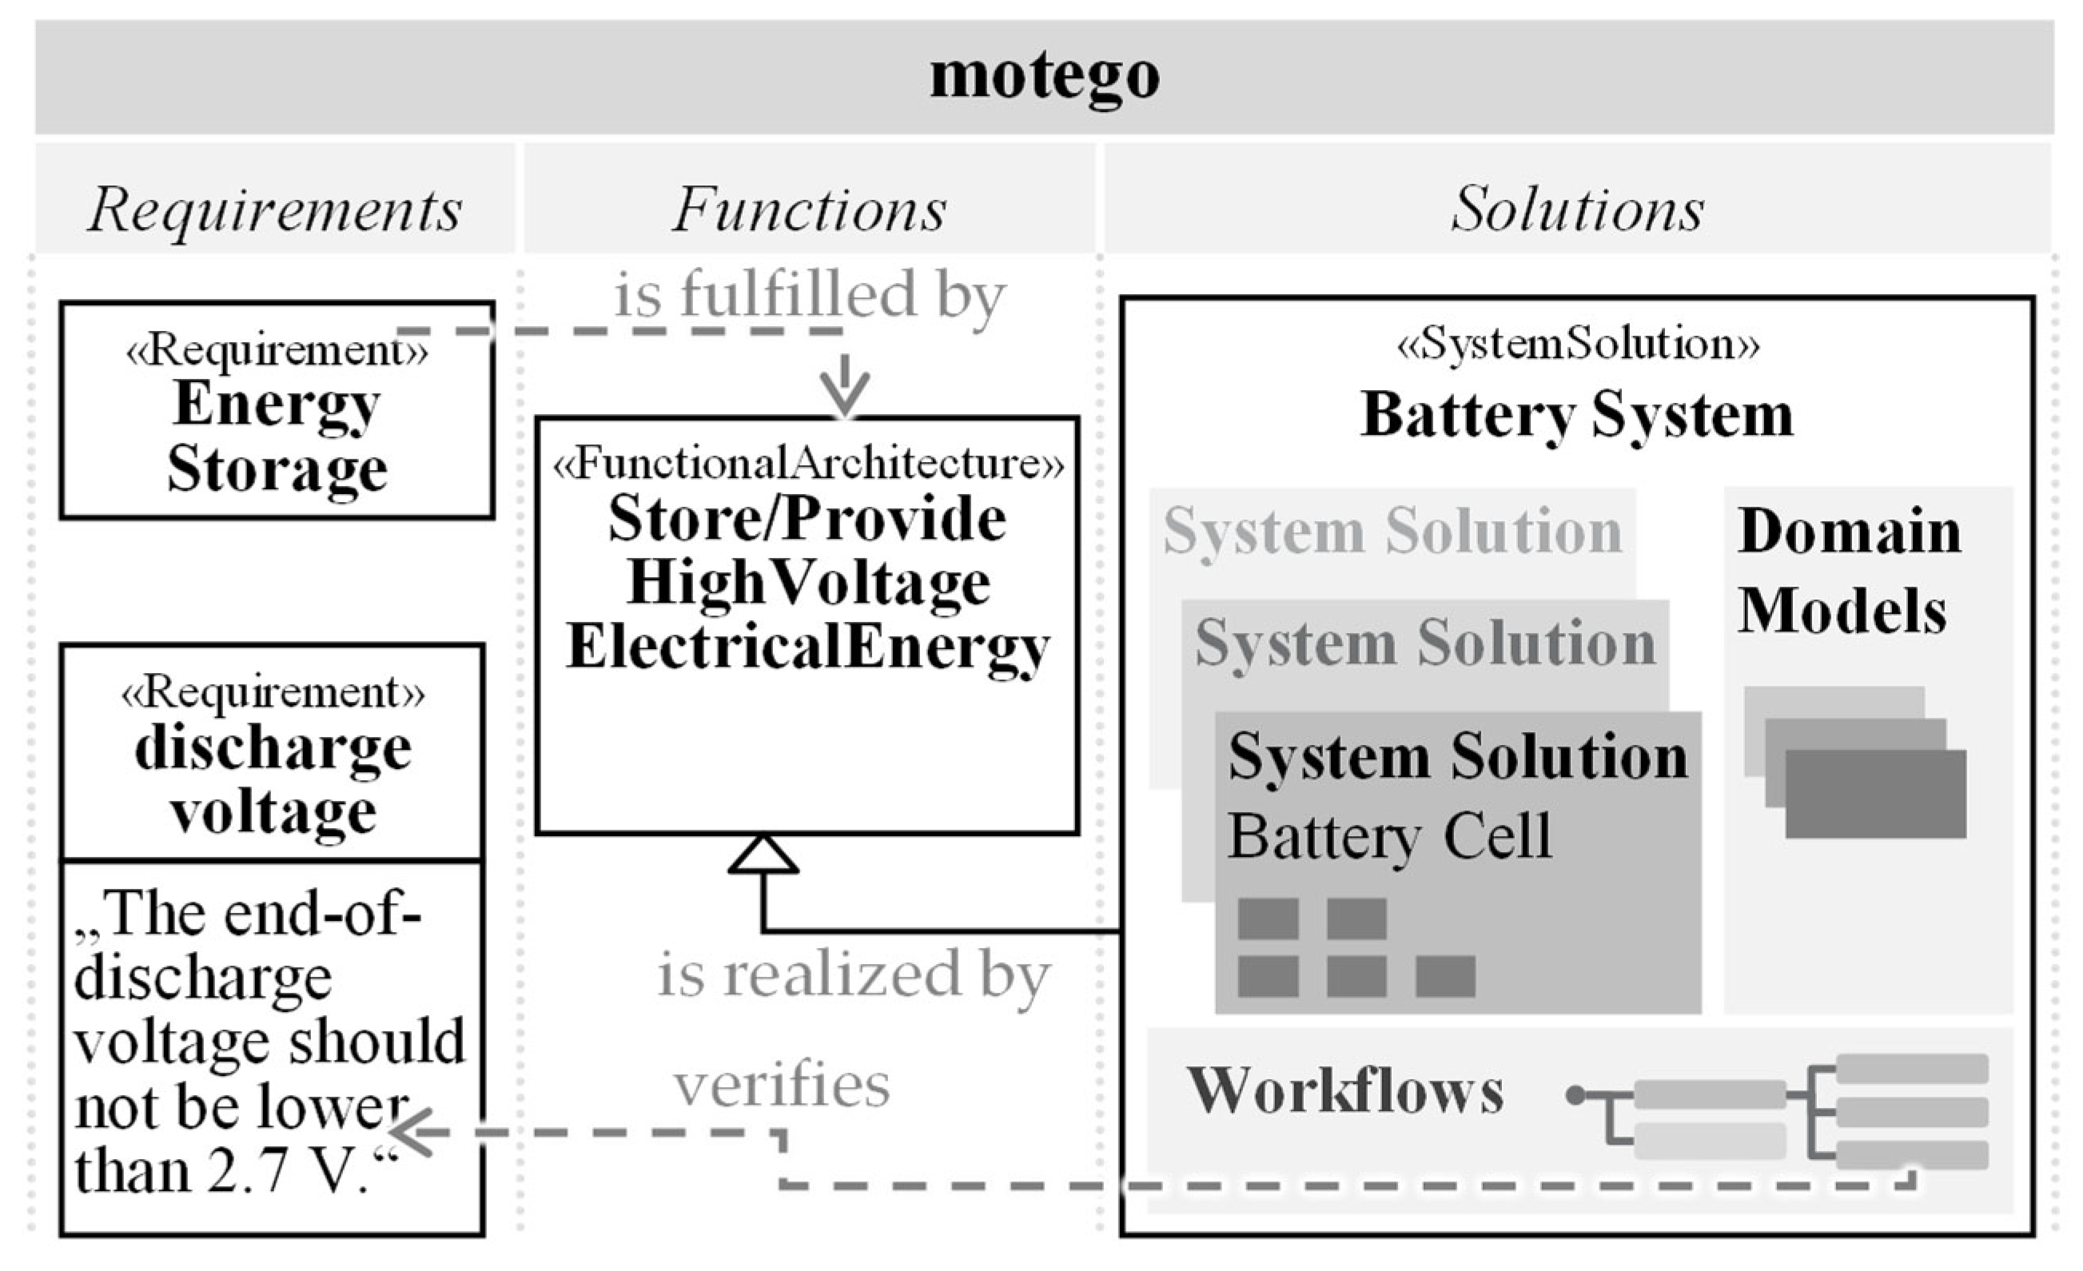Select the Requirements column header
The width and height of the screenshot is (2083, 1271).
[x=275, y=209]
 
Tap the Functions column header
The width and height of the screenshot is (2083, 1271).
[x=809, y=209]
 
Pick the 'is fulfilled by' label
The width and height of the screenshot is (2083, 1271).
[x=809, y=295]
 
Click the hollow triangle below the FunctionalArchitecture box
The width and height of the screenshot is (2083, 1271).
[x=763, y=856]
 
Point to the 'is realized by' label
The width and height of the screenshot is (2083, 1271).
[x=854, y=975]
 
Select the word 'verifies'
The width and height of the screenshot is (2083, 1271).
[x=781, y=1085]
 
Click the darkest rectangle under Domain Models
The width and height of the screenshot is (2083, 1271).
[x=1875, y=794]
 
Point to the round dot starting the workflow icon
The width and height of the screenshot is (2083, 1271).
[x=1574, y=1096]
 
